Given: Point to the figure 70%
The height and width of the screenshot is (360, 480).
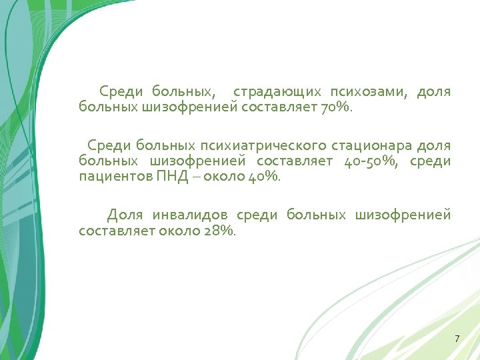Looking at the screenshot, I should coord(335,107).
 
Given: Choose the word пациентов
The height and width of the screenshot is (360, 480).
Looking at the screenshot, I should coord(106,177).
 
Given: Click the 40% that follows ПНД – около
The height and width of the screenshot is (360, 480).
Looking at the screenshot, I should coord(265,177).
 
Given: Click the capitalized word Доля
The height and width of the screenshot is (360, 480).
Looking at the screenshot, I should coord(125,215).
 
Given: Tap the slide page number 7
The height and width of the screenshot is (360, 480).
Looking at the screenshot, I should coord(457,339).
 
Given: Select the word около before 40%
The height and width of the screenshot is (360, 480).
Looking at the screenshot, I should coord(225,177).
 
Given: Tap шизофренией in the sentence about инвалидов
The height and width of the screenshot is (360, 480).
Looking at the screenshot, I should coord(403,215).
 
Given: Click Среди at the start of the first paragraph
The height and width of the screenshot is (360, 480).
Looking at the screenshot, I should coord(119,91).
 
